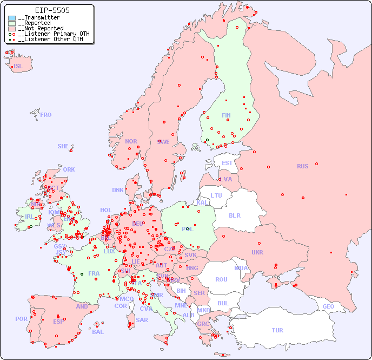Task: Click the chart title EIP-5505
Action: click(52, 10)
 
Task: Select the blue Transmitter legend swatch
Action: click(12, 18)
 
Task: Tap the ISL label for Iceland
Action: click(18, 67)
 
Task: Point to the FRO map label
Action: click(46, 115)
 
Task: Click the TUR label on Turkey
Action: click(277, 330)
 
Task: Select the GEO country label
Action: click(328, 306)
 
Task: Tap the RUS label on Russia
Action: click(302, 166)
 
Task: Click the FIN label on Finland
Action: click(226, 115)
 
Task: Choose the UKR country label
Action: click(257, 252)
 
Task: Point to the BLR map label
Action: click(235, 215)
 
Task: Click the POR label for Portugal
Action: click(21, 319)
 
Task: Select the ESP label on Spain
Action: click(58, 321)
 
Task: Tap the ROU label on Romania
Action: click(221, 279)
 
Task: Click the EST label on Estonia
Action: click(227, 163)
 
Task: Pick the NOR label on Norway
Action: click(131, 141)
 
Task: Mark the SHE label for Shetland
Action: click(63, 146)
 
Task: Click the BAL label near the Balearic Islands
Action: click(98, 332)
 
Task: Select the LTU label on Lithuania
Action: click(216, 195)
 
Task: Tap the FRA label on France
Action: click(94, 273)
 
